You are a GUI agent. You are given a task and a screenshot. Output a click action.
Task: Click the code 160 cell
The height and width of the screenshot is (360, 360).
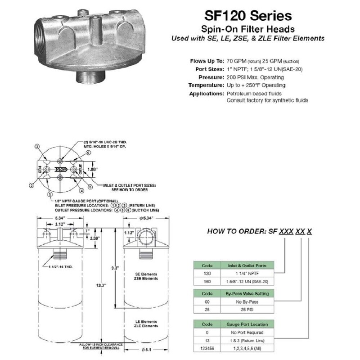[x=207, y=281]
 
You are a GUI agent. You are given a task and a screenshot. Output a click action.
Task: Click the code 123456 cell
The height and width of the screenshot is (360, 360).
[x=207, y=348]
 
